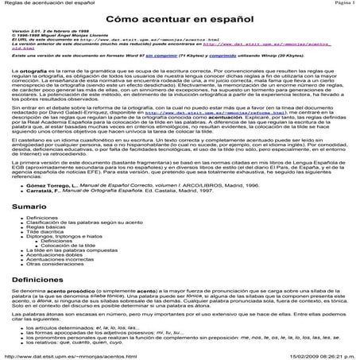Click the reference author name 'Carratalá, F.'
click(47, 191)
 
